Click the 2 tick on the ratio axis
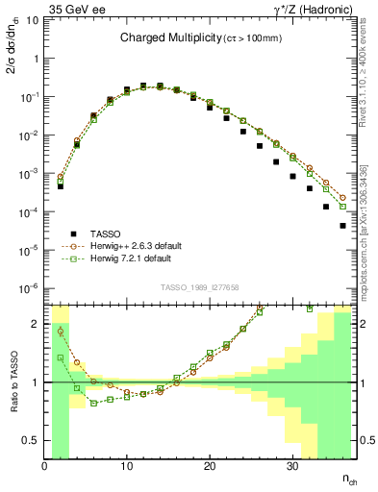click(x=37, y=323)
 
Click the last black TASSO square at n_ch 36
click(x=343, y=226)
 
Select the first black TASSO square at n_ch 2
click(x=61, y=186)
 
